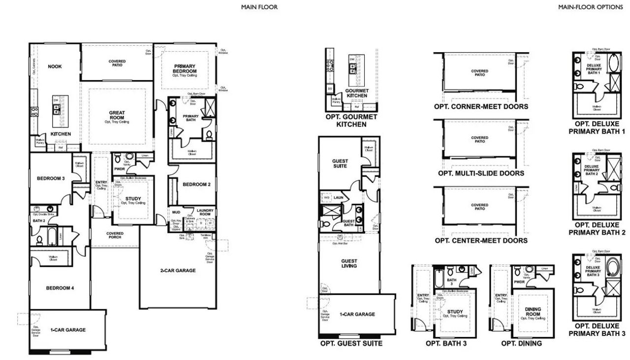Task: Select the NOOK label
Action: tap(55, 67)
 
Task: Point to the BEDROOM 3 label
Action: tap(51, 179)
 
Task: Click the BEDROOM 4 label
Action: tap(60, 288)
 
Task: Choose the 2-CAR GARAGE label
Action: tap(178, 270)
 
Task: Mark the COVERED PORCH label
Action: tap(115, 236)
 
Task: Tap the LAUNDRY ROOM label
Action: tap(204, 212)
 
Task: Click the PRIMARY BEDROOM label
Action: tap(185, 69)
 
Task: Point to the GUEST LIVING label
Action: tap(349, 264)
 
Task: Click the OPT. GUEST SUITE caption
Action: tap(351, 343)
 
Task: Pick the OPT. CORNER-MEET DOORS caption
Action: tap(480, 107)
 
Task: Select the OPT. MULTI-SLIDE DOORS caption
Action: tap(481, 173)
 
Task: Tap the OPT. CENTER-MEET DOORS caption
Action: tap(481, 240)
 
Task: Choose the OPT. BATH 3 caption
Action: tap(446, 343)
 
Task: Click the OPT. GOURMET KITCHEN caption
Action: tap(351, 121)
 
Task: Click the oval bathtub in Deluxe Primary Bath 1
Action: tap(614, 64)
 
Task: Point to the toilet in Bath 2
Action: tap(39, 240)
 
